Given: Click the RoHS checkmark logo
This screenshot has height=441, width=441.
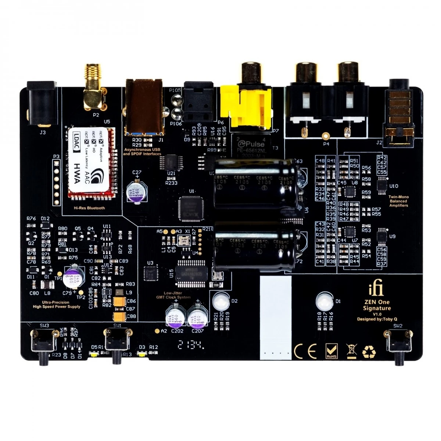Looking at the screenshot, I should coord(331,351).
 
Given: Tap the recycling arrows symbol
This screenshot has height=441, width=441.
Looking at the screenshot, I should coord(369,352).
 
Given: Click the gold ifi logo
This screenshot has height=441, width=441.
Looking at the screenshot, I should coord(376,290).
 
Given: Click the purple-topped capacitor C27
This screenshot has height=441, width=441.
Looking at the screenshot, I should coord(135,192).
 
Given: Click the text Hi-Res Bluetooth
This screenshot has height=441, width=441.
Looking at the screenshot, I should coord(89,208).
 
